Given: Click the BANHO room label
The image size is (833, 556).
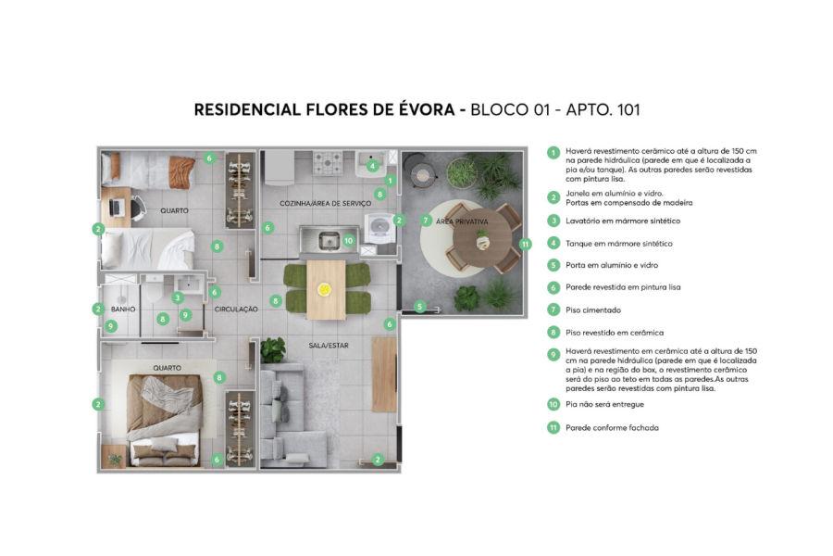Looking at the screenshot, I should click(123, 309).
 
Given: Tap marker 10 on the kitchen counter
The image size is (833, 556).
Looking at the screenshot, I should click(349, 240).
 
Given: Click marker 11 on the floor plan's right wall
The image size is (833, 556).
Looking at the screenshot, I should click(525, 245).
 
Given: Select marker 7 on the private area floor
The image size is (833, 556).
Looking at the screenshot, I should click(426, 221).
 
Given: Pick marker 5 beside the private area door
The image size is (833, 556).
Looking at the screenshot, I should click(419, 306).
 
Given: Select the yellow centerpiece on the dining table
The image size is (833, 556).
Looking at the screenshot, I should click(325, 288).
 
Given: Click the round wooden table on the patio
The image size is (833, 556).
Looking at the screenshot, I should click(482, 239).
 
